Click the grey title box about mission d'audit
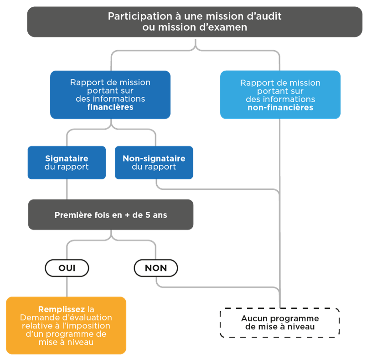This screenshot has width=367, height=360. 195,21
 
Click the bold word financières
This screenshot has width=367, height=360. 110,107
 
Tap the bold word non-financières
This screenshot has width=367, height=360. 280,108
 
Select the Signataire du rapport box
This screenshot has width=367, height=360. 67,162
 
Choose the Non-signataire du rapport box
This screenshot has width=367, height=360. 154,162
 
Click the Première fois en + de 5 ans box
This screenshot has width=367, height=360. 111,214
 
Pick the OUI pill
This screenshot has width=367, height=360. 67,268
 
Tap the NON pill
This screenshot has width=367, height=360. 156,268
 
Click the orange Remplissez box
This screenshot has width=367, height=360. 66,325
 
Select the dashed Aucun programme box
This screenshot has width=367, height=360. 280,323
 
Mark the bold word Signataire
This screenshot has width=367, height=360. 67,159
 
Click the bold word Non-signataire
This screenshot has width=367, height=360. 154,159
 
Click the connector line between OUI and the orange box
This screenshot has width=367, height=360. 67,287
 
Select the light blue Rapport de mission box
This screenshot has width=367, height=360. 280,94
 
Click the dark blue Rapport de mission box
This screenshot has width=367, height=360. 110,94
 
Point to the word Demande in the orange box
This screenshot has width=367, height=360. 37,318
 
